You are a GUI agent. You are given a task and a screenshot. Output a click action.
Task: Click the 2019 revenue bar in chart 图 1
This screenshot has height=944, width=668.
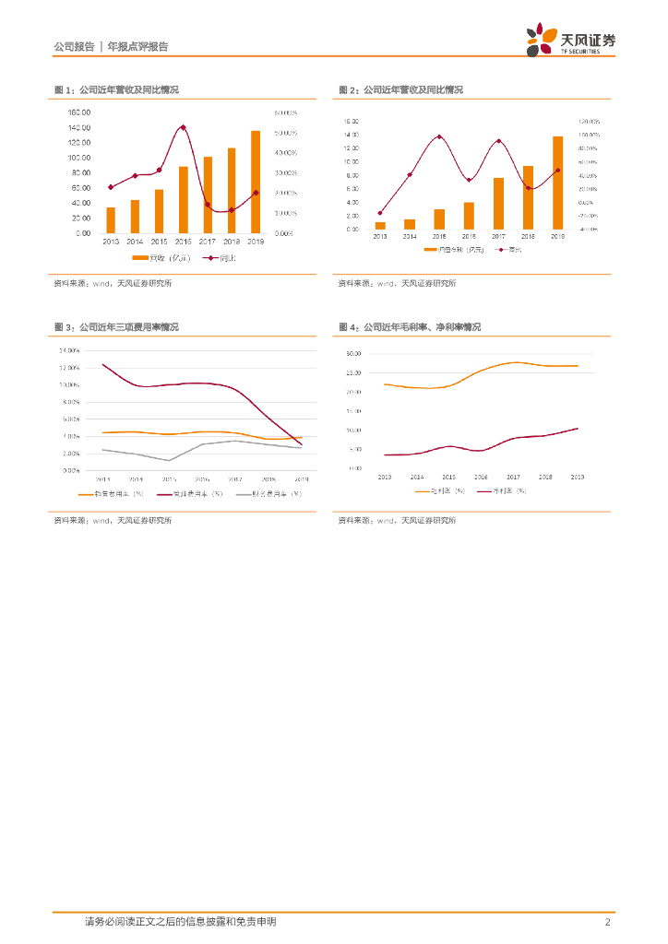(256, 183)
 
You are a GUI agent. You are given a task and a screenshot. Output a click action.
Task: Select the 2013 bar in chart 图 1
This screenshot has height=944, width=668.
(111, 220)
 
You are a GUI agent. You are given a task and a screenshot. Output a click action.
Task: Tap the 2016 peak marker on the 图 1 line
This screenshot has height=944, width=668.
(183, 127)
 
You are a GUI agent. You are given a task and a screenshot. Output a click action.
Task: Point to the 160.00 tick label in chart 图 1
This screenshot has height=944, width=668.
(78, 112)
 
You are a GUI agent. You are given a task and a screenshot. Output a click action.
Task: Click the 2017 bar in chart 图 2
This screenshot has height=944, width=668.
(498, 204)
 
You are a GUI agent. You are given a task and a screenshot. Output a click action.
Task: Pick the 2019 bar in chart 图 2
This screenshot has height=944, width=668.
(557, 183)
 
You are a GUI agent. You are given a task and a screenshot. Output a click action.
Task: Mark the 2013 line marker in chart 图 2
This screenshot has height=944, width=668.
(380, 213)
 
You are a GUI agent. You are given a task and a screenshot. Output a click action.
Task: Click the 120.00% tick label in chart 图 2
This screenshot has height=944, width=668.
(589, 122)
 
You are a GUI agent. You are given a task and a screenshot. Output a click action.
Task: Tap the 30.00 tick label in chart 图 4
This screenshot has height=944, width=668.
(352, 354)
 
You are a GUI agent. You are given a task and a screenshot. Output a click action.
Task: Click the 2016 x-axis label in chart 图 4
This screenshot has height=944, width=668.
(481, 477)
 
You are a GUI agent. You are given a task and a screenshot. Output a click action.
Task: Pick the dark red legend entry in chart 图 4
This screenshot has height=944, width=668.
(503, 490)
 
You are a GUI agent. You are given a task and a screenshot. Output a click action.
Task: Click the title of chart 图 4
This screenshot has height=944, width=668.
(410, 327)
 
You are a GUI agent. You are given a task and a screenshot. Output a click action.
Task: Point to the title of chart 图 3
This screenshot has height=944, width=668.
(117, 327)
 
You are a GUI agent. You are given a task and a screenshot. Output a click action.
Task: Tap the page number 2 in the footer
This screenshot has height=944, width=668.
(608, 922)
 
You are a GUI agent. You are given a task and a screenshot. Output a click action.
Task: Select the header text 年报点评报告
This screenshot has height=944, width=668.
(137, 46)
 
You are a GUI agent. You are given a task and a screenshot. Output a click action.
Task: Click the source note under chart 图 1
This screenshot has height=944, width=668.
(113, 283)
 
